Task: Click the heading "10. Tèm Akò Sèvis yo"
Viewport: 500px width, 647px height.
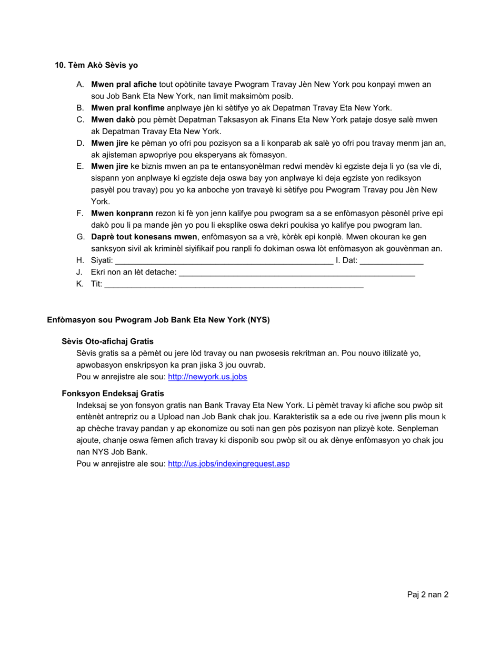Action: (96, 65)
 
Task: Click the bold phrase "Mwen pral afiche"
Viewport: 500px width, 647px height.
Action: (124, 84)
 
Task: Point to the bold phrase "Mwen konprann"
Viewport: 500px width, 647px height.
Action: (122, 213)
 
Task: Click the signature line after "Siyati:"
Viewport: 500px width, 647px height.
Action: (224, 261)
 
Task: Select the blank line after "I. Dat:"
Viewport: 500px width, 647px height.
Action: (392, 261)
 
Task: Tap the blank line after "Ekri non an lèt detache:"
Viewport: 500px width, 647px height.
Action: (297, 272)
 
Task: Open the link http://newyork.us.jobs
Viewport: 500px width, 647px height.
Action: (207, 377)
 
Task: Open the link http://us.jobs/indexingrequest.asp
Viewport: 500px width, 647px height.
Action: (228, 464)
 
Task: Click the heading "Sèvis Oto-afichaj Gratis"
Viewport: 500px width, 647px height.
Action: (107, 341)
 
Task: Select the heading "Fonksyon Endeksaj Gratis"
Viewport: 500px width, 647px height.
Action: (113, 393)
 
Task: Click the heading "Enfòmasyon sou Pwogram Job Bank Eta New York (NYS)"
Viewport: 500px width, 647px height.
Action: (158, 320)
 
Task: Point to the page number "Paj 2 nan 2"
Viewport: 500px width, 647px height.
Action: (427, 595)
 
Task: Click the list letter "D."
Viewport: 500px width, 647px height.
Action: (80, 143)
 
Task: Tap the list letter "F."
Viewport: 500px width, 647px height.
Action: (80, 213)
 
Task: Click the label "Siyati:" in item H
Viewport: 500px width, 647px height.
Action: (102, 260)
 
